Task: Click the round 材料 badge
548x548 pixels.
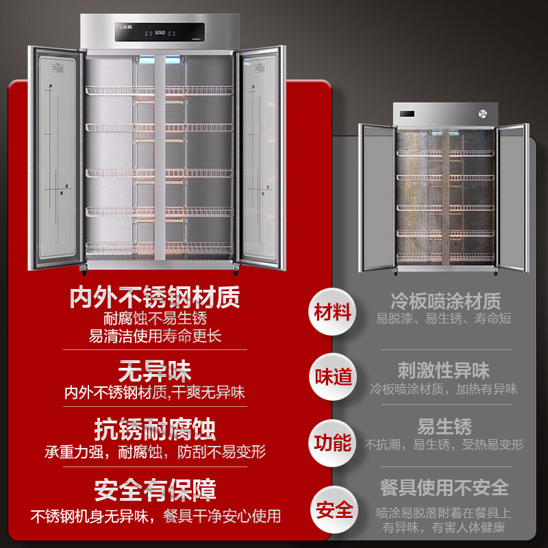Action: pos(333,312)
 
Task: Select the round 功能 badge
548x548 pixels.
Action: pos(333,443)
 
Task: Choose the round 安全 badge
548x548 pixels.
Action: pos(333,510)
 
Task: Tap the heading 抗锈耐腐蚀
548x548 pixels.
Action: pos(155,429)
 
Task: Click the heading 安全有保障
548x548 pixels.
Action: pos(155,490)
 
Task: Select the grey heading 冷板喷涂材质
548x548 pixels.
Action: pos(445,300)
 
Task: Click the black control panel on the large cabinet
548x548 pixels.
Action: pos(160,32)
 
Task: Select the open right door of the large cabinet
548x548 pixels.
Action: pos(260,158)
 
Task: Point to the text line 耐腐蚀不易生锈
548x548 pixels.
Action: pos(155,319)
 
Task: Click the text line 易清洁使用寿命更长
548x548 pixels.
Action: pos(155,336)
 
